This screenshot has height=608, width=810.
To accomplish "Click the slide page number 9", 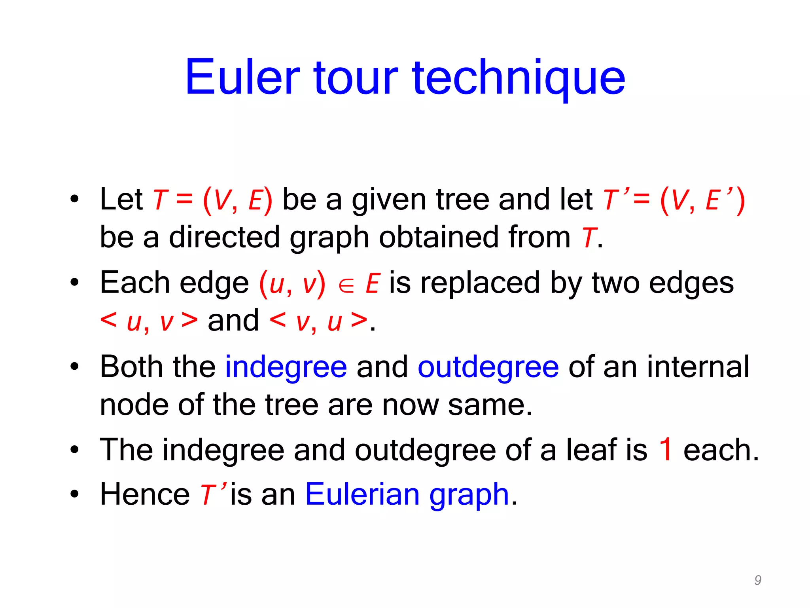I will (758, 580).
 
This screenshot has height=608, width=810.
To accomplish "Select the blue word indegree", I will (286, 367).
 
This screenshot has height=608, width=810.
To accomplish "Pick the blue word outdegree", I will (488, 367).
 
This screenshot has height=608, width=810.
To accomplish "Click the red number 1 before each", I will (666, 450).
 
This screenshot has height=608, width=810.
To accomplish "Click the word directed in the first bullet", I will (225, 237).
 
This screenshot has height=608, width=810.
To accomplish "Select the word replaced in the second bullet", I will (480, 283).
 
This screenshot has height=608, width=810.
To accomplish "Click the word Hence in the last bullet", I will (145, 494).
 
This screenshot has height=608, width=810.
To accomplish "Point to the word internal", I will (698, 367).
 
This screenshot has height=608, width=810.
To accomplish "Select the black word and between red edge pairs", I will (233, 321).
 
